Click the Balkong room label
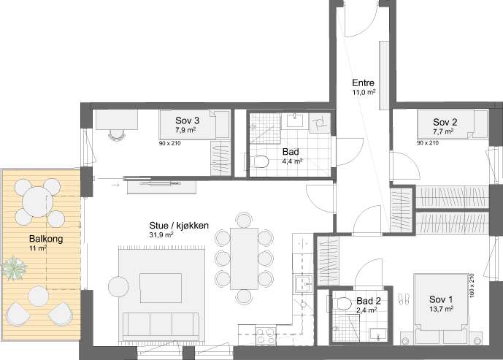pyautogui.click(x=46, y=239)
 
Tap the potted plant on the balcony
pyautogui.click(x=13, y=267)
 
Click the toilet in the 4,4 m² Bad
pyautogui.click(x=260, y=161)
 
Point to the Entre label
pyautogui.click(x=363, y=83)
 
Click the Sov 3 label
pyautogui.click(x=187, y=120)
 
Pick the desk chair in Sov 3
pyautogui.click(x=116, y=135)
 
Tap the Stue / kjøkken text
pyautogui.click(x=179, y=226)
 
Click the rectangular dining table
pyautogui.click(x=244, y=258)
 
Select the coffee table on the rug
pyautogui.click(x=161, y=288)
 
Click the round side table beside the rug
pyautogui.click(x=118, y=287)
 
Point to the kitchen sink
pyautogui.click(x=304, y=284)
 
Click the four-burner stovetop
pyautogui.click(x=265, y=336)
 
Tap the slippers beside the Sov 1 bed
pyautogui.click(x=404, y=299)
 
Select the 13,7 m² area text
pyautogui.click(x=441, y=309)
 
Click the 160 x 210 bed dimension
pyautogui.click(x=472, y=286)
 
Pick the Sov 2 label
pyautogui.click(x=445, y=122)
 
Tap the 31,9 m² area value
pyautogui.click(x=161, y=235)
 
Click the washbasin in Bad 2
pyautogui.click(x=378, y=334)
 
